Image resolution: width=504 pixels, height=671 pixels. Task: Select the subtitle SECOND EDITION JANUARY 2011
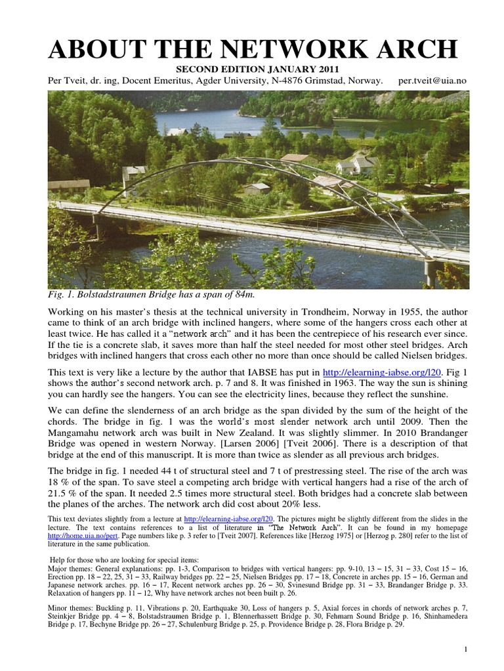[251, 69]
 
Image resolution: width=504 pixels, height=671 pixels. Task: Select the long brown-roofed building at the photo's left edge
[68, 185]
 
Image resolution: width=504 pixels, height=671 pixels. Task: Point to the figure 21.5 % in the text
[64, 492]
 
